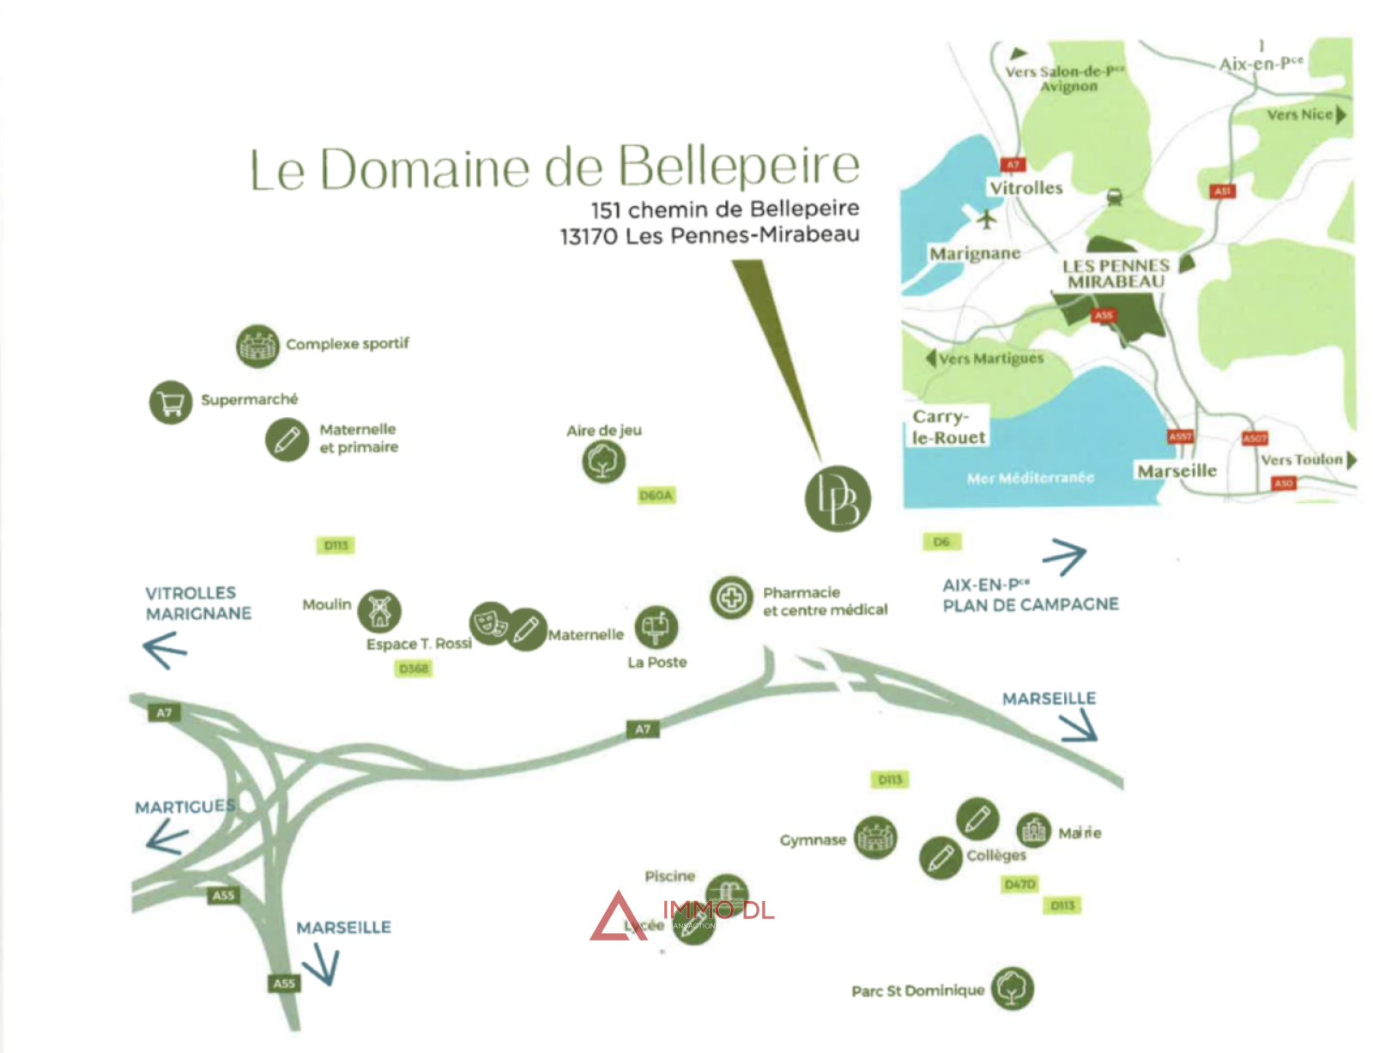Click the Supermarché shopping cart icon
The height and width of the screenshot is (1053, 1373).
pos(171,402)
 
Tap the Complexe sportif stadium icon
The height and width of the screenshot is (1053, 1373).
pos(257,346)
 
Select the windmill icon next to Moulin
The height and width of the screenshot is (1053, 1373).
pos(379,610)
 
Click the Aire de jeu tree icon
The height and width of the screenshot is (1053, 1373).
pos(603,462)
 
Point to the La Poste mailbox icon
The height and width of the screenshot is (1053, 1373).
pos(656,627)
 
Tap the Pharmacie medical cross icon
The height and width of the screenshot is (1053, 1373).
pos(731,596)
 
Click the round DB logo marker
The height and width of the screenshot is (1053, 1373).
pos(838,499)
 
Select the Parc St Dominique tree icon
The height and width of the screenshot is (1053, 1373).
pos(1013,988)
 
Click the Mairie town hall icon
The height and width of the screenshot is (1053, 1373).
pos(1034,830)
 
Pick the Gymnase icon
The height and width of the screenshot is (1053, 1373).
pos(875,838)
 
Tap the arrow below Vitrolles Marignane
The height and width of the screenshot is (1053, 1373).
pos(165,650)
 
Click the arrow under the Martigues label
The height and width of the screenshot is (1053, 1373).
pos(167,837)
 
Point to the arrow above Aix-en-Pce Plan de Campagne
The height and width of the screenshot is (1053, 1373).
pos(1065,556)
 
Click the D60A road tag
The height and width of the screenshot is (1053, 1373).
pos(656,495)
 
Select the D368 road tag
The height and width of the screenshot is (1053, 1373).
pos(414,669)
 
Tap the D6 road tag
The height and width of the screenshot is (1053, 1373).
pos(941,542)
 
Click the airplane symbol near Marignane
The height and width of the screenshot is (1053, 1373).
pos(988,219)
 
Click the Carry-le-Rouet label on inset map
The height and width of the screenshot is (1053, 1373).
pos(948,427)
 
